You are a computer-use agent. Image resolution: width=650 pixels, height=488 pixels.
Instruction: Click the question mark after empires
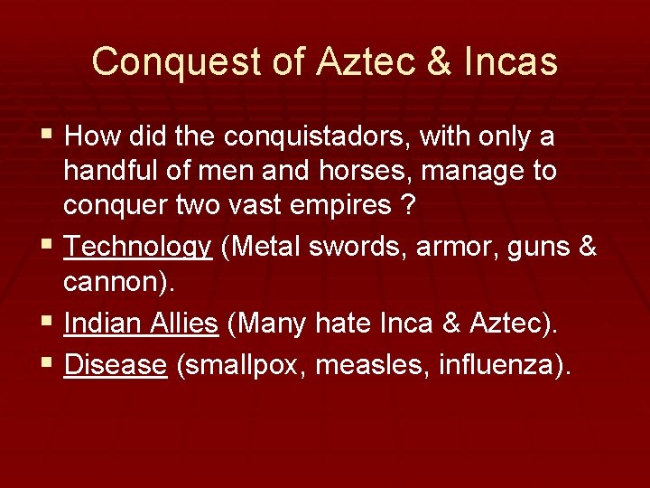(408, 205)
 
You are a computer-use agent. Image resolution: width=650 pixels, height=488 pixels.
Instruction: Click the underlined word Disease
(116, 364)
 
